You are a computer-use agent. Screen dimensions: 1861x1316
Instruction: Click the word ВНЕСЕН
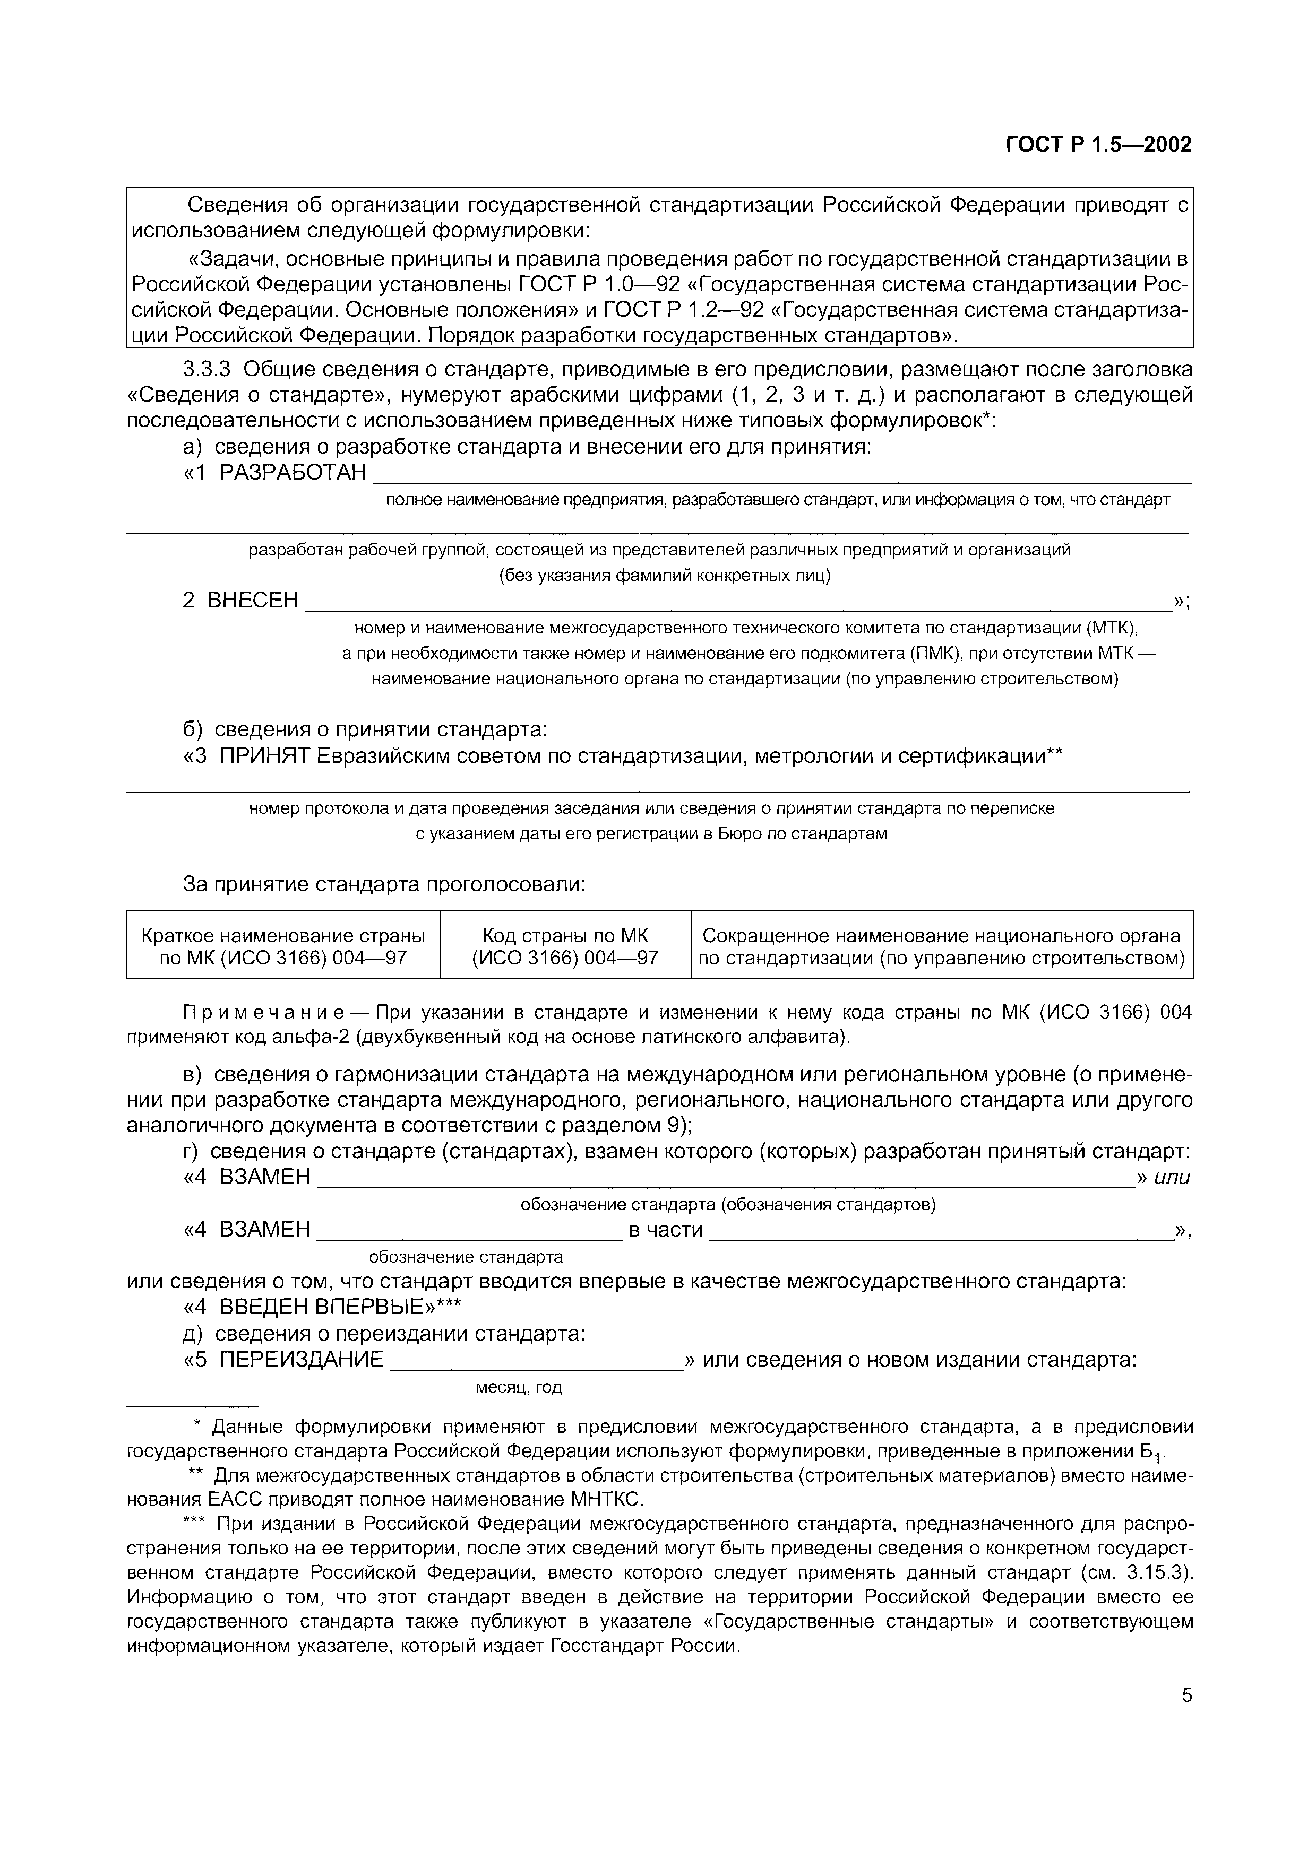253,601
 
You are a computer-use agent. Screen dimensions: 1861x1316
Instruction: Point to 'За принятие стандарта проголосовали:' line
383,884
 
